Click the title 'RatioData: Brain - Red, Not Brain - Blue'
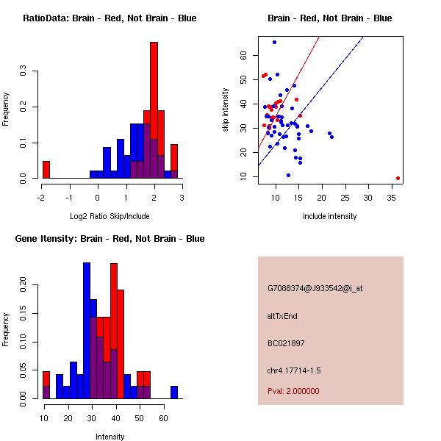click(109, 18)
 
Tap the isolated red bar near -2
click(46, 170)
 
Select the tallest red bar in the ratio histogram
click(154, 110)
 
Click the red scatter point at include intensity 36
click(398, 178)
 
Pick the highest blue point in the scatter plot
click(274, 43)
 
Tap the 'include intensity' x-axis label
click(330, 216)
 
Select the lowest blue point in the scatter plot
click(288, 175)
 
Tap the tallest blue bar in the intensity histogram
click(86, 331)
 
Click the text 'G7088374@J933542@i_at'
click(315, 288)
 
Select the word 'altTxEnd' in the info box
click(282, 316)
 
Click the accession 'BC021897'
click(286, 343)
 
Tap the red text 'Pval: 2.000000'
click(293, 391)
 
